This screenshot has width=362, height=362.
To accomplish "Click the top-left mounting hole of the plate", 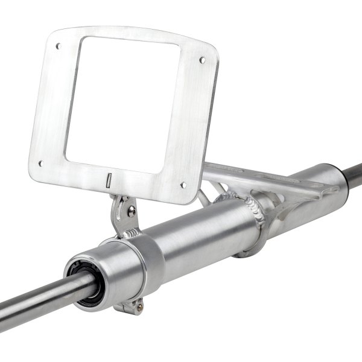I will point(58,46).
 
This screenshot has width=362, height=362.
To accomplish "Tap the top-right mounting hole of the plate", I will point(202,60).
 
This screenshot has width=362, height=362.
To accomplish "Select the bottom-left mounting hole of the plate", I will point(40,163).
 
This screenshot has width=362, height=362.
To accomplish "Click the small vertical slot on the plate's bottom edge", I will point(109,179).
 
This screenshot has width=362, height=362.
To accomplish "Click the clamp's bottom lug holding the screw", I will point(136,304).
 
